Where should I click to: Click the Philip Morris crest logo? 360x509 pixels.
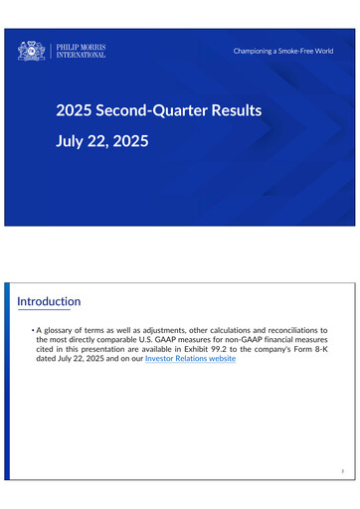(32, 50)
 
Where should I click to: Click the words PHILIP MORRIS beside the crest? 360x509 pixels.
(82, 46)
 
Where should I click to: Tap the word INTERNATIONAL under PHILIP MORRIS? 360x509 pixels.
(82, 55)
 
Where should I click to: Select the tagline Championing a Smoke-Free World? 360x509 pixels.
(283, 50)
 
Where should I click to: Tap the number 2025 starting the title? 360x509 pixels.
(74, 109)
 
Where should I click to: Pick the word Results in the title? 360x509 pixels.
(236, 109)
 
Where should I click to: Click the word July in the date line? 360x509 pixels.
(73, 141)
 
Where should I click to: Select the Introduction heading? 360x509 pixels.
(50, 301)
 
